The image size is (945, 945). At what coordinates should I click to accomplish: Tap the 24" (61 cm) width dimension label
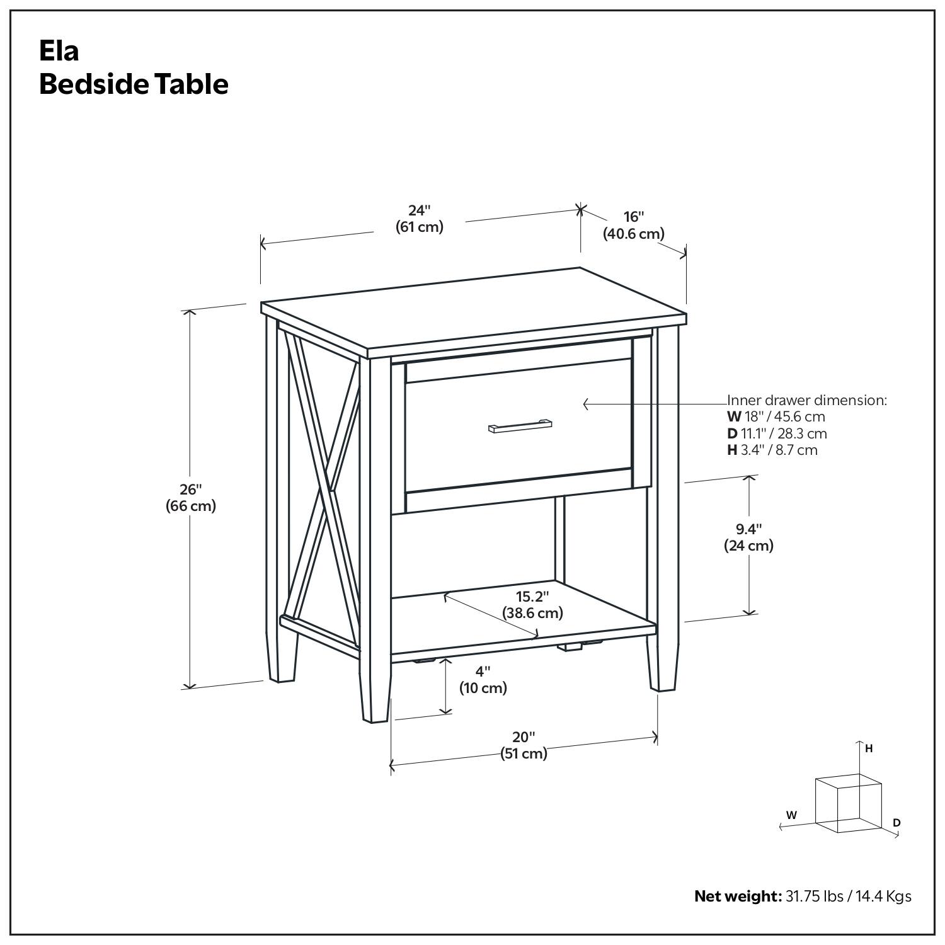click(x=419, y=219)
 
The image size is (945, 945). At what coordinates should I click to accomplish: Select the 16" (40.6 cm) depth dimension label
click(x=633, y=226)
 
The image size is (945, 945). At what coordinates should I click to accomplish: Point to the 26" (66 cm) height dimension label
click(x=190, y=497)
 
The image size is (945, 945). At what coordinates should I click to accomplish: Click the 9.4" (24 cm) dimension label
click(x=748, y=537)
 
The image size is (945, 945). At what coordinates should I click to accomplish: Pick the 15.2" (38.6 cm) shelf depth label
click(x=532, y=604)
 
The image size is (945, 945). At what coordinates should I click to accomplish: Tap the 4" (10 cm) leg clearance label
click(x=483, y=680)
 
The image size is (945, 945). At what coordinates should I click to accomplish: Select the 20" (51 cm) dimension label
click(x=524, y=745)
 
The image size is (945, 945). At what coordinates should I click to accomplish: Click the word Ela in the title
click(x=59, y=51)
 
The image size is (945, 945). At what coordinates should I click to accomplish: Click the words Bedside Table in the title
click(x=134, y=84)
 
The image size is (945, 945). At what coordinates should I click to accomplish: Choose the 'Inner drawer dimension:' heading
click(x=807, y=400)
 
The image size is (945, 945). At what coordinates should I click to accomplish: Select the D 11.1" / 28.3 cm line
click(x=777, y=433)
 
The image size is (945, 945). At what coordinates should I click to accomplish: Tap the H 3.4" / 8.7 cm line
click(x=772, y=450)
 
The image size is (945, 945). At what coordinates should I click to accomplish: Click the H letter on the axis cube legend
click(x=869, y=748)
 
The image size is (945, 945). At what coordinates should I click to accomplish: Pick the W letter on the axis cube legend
click(x=791, y=815)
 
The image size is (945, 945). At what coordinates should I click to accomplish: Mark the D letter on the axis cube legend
click(x=896, y=823)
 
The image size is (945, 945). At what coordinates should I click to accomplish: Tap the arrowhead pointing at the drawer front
click(x=586, y=404)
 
